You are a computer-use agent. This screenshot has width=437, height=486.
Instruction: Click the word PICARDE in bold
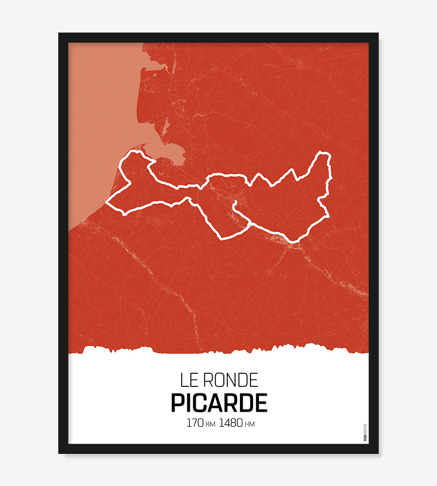coord(219,403)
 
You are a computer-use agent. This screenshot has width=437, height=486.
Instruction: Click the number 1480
coord(231,423)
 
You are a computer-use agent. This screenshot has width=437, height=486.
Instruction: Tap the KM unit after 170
coord(210,424)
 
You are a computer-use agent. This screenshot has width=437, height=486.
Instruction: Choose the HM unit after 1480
coord(250,424)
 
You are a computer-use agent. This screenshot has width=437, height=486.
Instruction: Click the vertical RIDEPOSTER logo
coord(365,432)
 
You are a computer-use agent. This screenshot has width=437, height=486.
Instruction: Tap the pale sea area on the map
coord(102,121)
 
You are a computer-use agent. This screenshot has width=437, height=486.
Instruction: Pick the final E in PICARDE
coord(261,403)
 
